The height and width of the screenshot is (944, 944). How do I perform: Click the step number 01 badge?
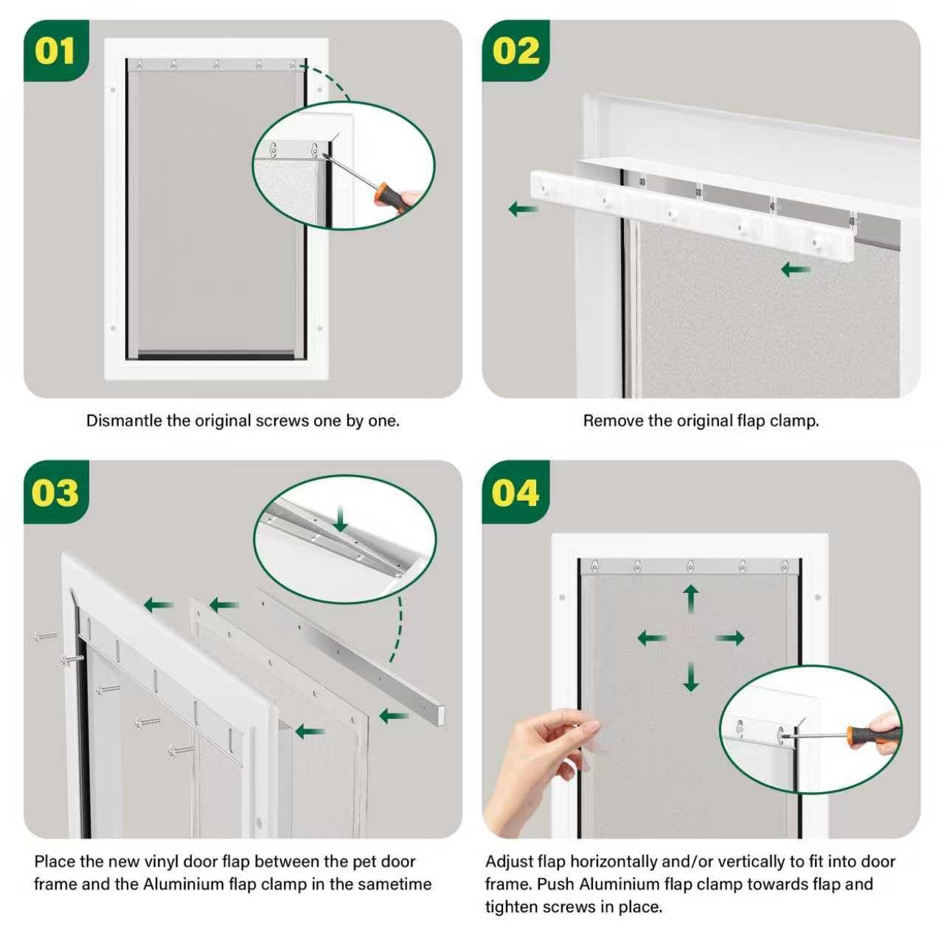click(56, 50)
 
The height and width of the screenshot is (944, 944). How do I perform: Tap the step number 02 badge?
click(516, 50)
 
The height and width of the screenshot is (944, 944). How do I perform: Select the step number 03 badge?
click(56, 492)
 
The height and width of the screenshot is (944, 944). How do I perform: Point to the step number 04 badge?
click(516, 492)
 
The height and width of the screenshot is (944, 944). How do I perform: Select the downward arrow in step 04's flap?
click(691, 676)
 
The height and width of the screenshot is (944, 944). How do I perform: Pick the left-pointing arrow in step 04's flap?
click(652, 638)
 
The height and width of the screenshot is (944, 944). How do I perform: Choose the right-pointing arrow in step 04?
click(729, 638)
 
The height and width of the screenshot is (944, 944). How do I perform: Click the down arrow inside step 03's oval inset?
click(340, 519)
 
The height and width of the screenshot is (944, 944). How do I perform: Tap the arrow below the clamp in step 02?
click(796, 269)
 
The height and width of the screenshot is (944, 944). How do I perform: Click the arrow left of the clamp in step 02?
click(523, 209)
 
